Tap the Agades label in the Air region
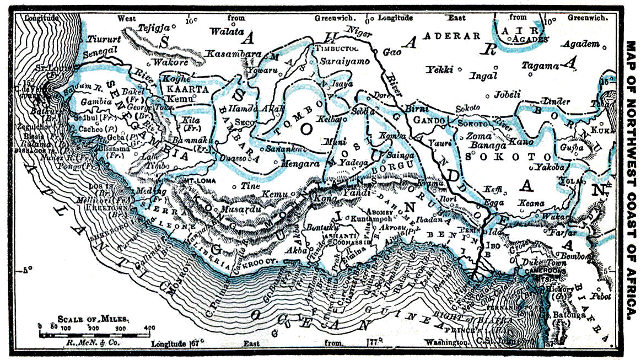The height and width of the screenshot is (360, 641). coord(530,40)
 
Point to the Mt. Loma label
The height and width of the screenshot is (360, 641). coord(194,180)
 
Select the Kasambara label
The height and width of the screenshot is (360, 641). coord(233,53)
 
